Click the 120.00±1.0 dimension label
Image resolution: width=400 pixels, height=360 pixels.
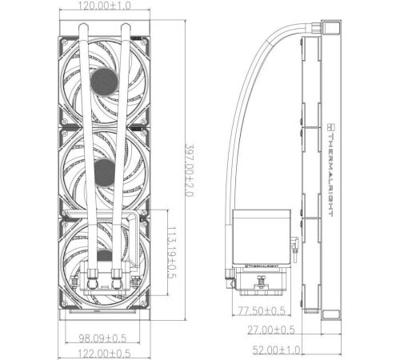(x=105, y=6)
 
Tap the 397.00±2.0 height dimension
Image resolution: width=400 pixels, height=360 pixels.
(x=189, y=170)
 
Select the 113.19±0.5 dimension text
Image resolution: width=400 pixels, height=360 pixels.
(x=171, y=252)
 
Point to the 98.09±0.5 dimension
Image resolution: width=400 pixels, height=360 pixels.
(x=102, y=338)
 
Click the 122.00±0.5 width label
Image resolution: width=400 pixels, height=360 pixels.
(x=104, y=354)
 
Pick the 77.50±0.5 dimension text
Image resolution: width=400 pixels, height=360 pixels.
(x=262, y=310)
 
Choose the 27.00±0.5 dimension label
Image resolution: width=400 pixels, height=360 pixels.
(x=271, y=330)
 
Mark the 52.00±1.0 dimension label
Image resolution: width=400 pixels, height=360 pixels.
(x=276, y=350)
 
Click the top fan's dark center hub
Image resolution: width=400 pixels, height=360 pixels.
(x=105, y=82)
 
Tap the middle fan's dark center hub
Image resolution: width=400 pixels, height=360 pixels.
(x=105, y=173)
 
